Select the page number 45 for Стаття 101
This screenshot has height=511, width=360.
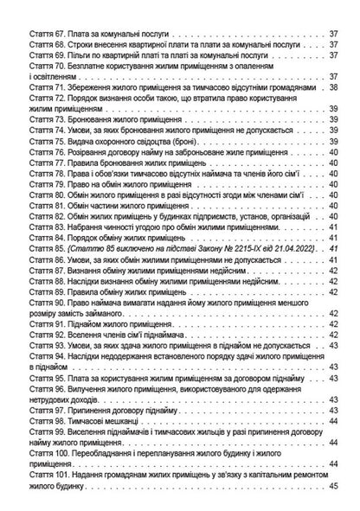333,493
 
